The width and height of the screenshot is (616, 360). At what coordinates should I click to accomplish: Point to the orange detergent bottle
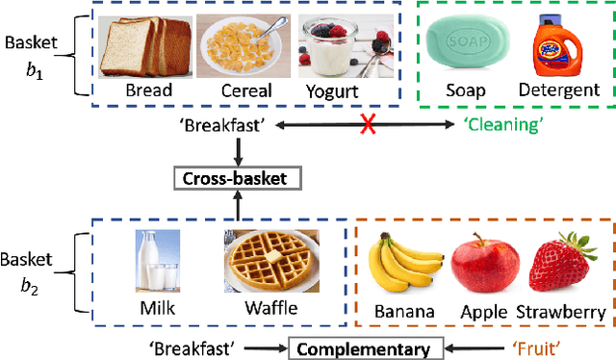coord(559,43)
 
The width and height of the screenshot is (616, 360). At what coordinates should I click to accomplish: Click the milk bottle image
coord(158,259)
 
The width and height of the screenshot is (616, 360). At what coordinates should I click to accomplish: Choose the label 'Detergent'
coord(559,91)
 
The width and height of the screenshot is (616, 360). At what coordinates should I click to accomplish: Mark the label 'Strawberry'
coord(561,313)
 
